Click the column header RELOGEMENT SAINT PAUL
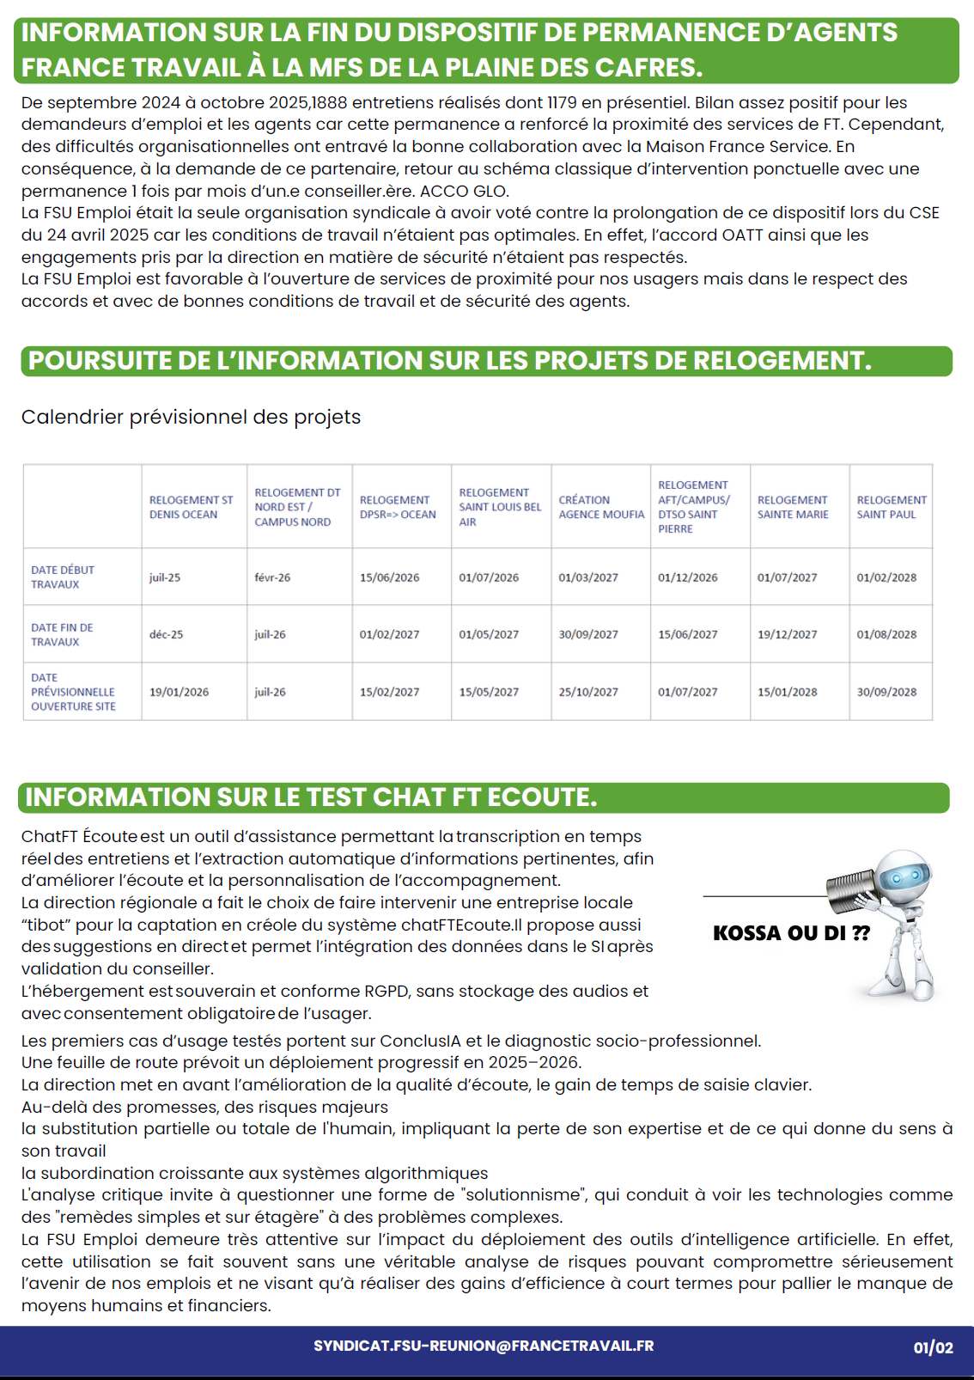tap(891, 507)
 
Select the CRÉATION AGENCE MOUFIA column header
tap(600, 507)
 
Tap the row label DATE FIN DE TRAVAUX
tap(62, 635)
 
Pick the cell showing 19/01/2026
tap(179, 692)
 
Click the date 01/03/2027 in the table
tap(588, 577)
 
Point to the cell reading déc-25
tap(166, 635)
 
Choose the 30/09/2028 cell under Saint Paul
tap(886, 692)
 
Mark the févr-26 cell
tap(272, 577)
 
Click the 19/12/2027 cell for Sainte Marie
tap(787, 635)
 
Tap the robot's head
tap(904, 876)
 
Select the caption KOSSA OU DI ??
tap(791, 933)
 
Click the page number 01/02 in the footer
tap(933, 1348)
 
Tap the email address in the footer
tap(484, 1346)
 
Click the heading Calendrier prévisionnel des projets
tap(191, 418)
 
